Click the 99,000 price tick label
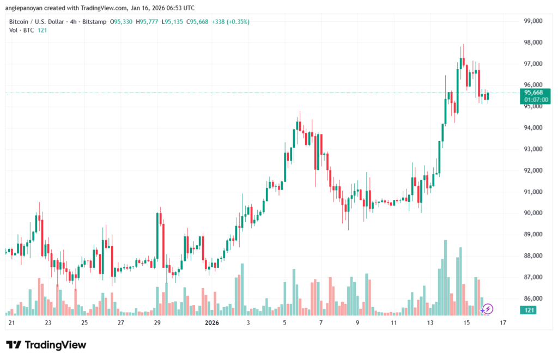[533, 21]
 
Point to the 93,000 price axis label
[533, 149]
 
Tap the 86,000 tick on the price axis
[533, 298]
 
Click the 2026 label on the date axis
[211, 322]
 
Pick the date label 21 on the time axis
[11, 322]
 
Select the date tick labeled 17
[503, 322]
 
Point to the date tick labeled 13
[430, 322]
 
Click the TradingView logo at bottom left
[46, 345]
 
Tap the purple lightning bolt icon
[488, 309]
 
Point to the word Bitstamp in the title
[94, 22]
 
